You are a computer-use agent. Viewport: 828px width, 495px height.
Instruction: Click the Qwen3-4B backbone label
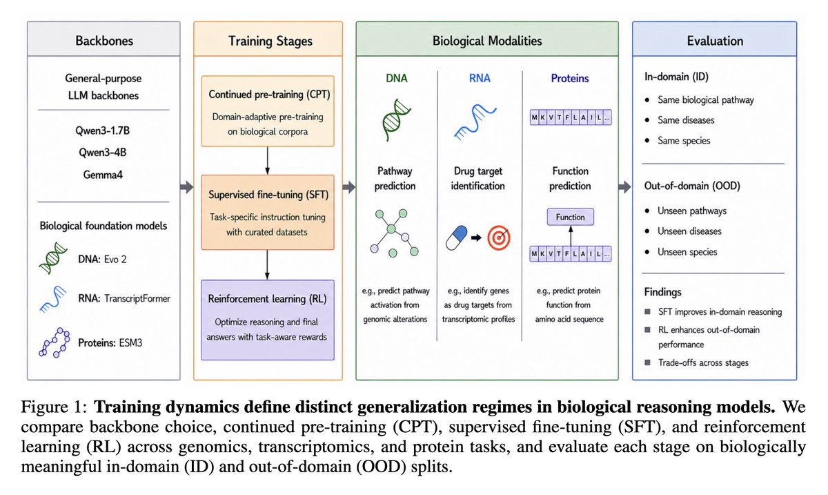103,153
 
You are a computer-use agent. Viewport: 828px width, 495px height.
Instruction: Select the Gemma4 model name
103,175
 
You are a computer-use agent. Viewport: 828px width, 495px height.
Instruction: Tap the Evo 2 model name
115,260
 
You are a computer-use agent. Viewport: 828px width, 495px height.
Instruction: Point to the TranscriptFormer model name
137,298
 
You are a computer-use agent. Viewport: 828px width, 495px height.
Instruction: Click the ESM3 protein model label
130,343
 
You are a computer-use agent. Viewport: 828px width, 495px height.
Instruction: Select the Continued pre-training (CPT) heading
269,95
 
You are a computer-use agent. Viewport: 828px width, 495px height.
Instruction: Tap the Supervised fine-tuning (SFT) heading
268,195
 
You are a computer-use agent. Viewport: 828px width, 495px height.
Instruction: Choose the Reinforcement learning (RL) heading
267,299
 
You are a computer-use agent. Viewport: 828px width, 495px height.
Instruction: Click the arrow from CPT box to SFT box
267,161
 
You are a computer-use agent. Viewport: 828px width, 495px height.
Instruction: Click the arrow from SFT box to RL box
267,265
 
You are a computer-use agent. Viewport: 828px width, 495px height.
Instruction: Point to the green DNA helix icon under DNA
396,120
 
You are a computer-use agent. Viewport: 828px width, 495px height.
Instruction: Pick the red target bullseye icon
499,238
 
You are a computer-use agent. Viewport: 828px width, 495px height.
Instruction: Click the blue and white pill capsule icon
457,238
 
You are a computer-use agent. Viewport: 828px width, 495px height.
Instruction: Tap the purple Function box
571,217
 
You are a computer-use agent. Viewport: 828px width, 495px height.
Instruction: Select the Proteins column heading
570,79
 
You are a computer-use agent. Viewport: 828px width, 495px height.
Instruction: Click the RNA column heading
480,79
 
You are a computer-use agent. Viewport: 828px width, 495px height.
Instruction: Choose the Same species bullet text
684,141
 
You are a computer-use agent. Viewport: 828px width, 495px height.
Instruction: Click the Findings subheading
663,292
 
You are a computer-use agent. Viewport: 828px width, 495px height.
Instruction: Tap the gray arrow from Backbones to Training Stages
187,187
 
